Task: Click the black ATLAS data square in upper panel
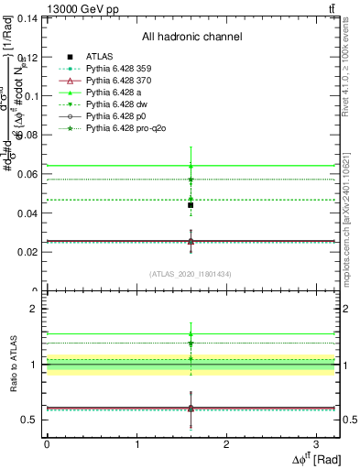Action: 191,205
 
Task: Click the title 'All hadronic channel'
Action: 191,37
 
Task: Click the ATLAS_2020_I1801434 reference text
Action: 191,274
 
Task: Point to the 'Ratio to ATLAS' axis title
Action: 12,364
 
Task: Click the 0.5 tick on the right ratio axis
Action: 349,420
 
